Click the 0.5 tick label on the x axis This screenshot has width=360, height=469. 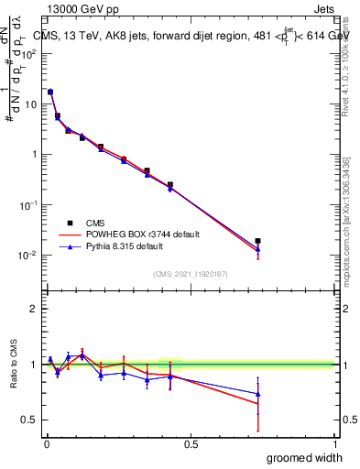(191, 443)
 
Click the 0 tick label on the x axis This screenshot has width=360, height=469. (46, 443)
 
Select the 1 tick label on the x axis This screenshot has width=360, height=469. (334, 443)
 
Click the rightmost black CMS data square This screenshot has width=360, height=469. (258, 241)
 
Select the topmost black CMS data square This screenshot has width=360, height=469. (50, 93)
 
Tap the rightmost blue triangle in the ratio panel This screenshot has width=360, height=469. (258, 394)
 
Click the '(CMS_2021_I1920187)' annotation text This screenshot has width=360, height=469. (191, 274)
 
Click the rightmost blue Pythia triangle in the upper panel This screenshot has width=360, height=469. (258, 249)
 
